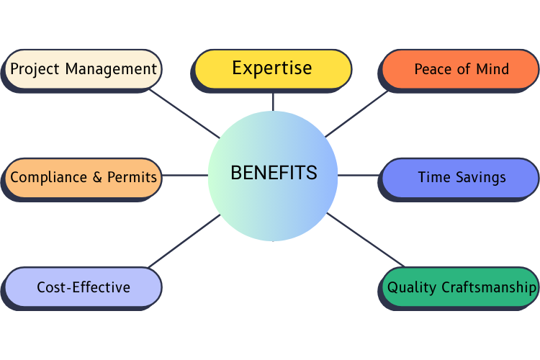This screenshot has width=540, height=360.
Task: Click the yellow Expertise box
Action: tap(272, 68)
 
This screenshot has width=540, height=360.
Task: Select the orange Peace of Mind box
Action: tap(461, 69)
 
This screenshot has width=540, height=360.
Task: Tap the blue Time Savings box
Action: tap(461, 177)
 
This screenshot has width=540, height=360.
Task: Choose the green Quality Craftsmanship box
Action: tap(461, 287)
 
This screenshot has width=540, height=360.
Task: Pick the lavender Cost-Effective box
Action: tap(84, 287)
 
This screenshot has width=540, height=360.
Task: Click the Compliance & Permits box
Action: tap(84, 177)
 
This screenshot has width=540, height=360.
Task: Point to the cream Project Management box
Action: tap(84, 69)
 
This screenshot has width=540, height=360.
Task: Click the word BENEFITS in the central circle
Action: tap(273, 173)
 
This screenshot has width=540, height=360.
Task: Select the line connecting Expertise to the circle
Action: tap(273, 101)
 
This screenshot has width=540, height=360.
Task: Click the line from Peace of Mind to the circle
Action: tap(356, 113)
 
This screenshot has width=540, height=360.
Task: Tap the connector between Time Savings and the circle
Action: tap(358, 175)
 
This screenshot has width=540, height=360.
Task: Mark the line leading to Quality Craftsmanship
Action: tap(366, 240)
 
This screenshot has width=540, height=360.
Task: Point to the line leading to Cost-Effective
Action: tap(184, 240)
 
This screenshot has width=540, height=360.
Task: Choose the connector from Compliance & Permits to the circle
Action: tap(185, 175)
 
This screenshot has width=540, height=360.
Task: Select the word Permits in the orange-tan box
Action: tap(132, 177)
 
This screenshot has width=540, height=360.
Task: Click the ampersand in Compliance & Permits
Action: tap(98, 177)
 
